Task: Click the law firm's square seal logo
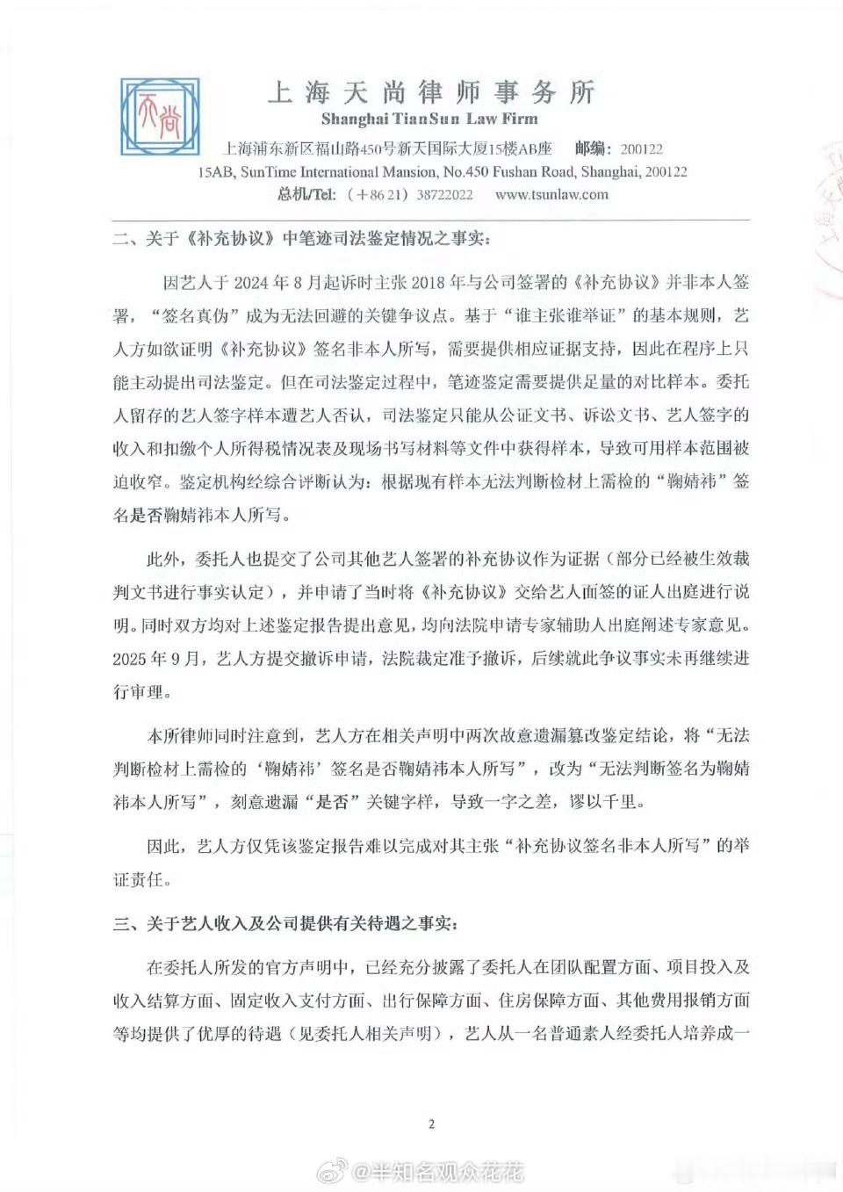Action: [160, 119]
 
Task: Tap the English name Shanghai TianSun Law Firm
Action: [429, 119]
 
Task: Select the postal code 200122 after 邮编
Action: [641, 149]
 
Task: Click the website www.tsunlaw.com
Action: [551, 195]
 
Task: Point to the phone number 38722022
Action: [444, 195]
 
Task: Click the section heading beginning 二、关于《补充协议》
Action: [303, 239]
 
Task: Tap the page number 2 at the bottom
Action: [431, 1124]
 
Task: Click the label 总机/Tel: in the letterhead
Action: [306, 195]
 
